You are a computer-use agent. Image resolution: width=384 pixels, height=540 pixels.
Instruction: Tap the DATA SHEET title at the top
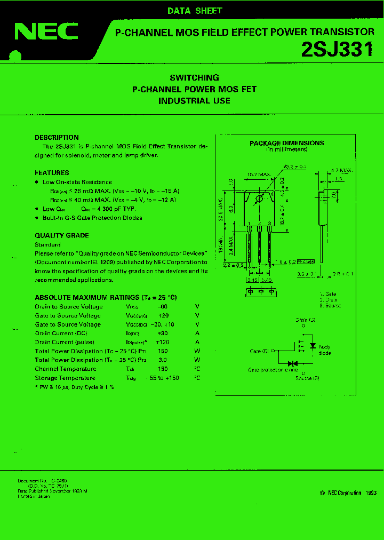195,11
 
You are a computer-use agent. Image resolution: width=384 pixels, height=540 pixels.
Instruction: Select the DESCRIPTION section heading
57,138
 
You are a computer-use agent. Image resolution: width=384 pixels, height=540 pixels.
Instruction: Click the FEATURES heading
52,173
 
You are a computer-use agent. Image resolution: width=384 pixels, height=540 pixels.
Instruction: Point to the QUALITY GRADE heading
62,235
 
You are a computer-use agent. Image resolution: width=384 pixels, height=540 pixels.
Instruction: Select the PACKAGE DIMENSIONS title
286,143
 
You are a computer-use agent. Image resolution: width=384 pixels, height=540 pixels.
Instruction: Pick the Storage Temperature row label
65,378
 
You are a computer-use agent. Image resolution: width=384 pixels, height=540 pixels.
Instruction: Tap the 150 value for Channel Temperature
163,369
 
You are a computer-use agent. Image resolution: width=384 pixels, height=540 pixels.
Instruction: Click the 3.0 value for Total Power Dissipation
163,360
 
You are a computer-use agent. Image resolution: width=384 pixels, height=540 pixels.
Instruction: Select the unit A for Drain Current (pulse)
197,342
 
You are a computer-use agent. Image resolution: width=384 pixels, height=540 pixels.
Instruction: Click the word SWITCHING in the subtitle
194,77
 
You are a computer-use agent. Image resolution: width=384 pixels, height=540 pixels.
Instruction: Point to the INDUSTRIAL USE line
194,100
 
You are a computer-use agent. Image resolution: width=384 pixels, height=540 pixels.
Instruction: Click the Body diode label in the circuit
324,350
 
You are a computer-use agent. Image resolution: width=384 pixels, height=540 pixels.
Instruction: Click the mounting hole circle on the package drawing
259,199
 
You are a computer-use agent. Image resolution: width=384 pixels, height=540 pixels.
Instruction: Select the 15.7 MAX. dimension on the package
259,174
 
